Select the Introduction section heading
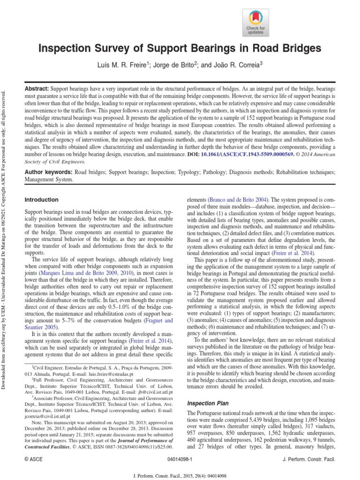point(41,200)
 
